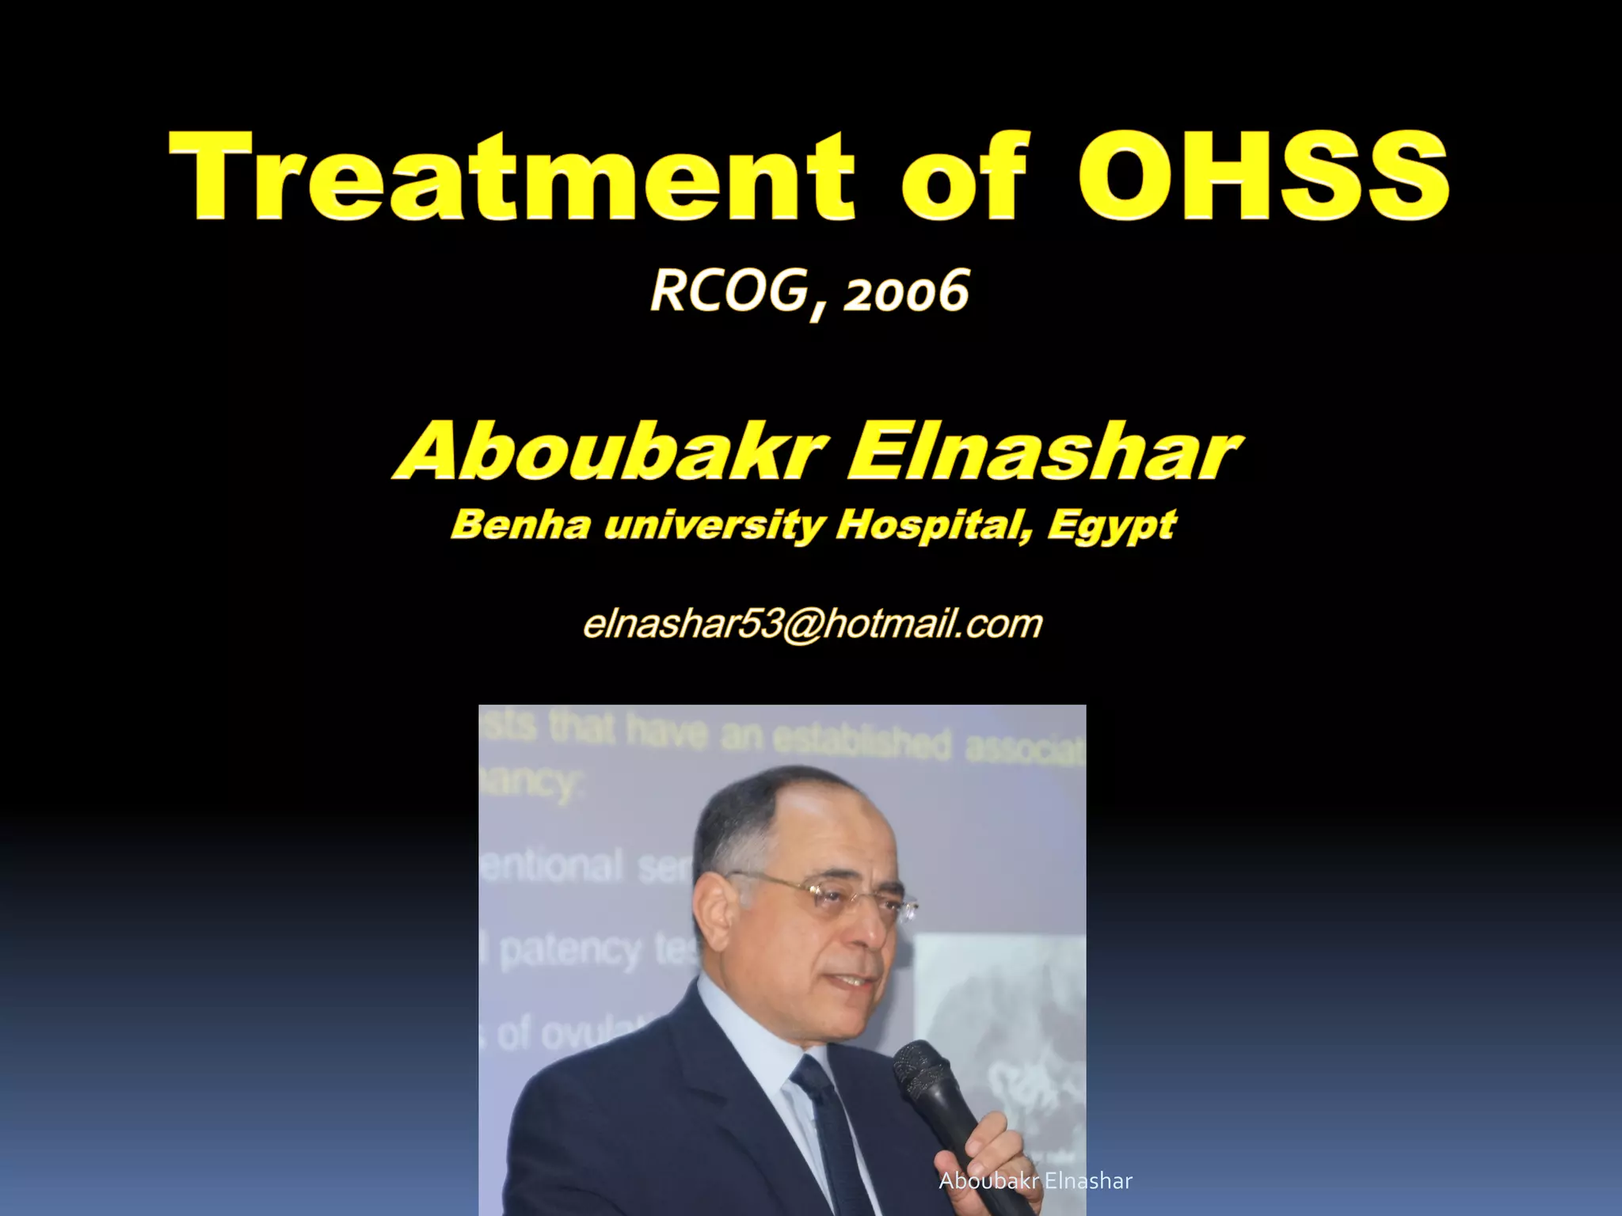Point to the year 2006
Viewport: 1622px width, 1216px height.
pyautogui.click(x=907, y=293)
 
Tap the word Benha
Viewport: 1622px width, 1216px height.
pyautogui.click(x=520, y=524)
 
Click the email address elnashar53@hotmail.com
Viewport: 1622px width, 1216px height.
pyautogui.click(x=812, y=624)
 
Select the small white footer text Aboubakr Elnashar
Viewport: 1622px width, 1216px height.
pyautogui.click(x=1035, y=1181)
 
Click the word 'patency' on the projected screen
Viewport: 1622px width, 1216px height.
pyautogui.click(x=570, y=950)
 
